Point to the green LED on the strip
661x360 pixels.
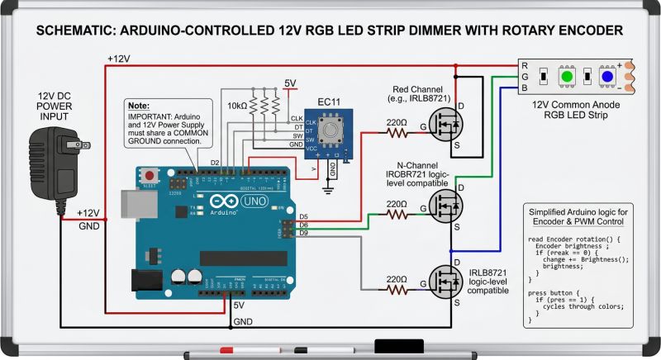pyautogui.click(x=567, y=77)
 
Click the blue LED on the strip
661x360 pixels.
pyautogui.click(x=607, y=77)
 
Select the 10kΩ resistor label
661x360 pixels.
pyautogui.click(x=235, y=107)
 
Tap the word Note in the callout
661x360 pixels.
pyautogui.click(x=140, y=107)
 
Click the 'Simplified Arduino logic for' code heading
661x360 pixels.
pyautogui.click(x=583, y=212)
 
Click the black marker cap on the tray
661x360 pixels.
pyautogui.click(x=398, y=346)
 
